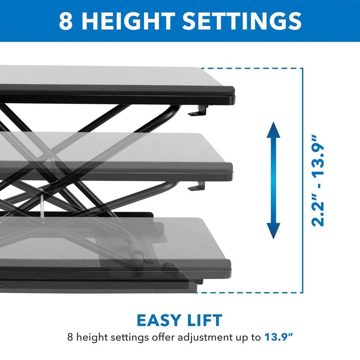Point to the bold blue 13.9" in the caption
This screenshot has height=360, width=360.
click(278, 338)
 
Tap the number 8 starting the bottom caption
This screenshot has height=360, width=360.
click(70, 338)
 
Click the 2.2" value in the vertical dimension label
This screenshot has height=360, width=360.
click(318, 211)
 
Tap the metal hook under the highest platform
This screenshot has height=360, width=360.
click(198, 111)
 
